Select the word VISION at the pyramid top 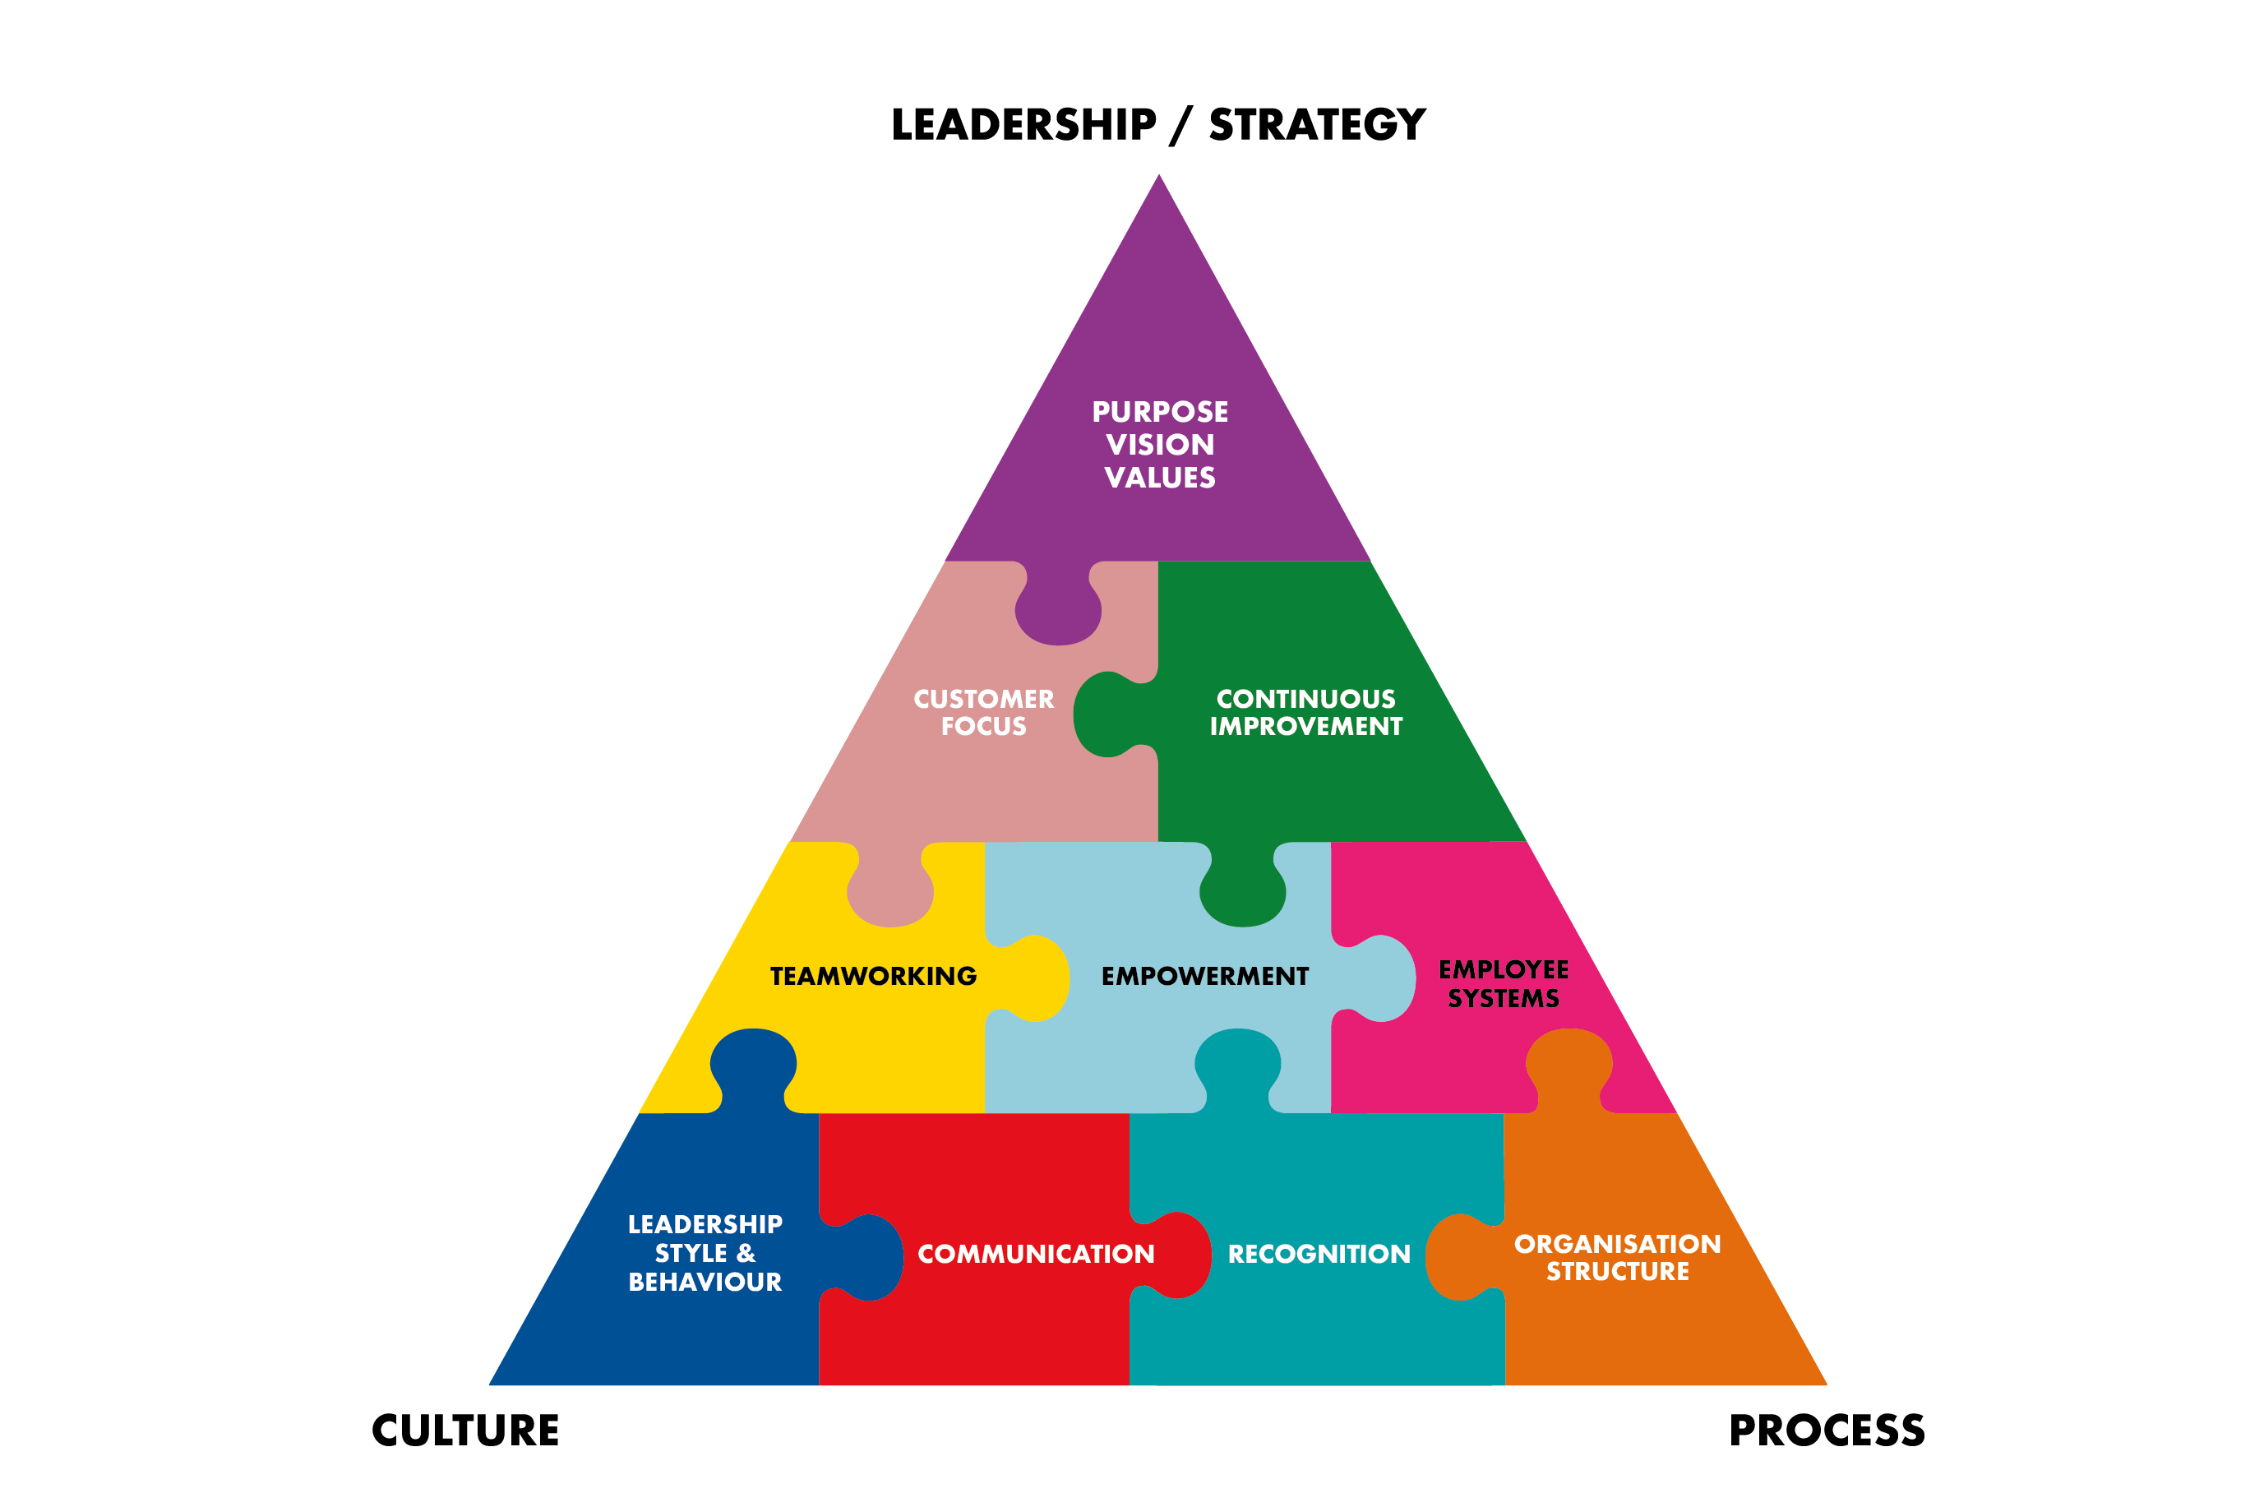point(1160,445)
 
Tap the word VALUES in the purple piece point(1160,478)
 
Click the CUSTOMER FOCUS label point(984,712)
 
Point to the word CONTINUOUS point(1305,699)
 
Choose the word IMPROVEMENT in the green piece point(1305,727)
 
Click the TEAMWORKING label point(873,977)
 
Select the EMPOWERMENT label point(1204,977)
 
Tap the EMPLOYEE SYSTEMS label point(1504,984)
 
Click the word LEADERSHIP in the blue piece point(705,1224)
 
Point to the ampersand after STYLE point(746,1253)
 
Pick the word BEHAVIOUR point(705,1282)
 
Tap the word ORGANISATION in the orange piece point(1617,1245)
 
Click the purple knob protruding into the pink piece point(1058,615)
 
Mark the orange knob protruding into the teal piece point(1456,1257)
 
